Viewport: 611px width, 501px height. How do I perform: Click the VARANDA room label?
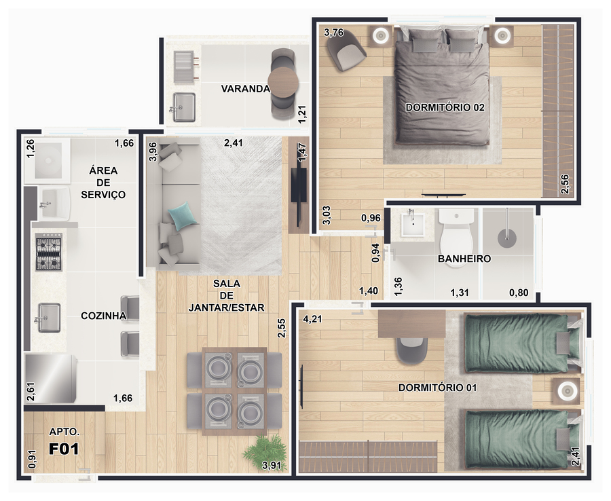[246, 89]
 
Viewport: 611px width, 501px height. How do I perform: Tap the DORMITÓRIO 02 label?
[445, 107]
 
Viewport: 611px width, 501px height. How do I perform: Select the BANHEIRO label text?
[464, 259]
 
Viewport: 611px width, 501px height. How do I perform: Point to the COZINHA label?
[103, 316]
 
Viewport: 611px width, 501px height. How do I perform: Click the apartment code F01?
[64, 449]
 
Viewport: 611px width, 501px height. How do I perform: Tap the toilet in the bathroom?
[456, 238]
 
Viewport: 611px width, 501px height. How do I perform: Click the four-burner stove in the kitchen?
[49, 253]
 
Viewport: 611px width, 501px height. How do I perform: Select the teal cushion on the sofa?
[182, 216]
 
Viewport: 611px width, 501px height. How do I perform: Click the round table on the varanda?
[283, 83]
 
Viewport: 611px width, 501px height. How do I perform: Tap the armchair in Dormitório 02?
[346, 50]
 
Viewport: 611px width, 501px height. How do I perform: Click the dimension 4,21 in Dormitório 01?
[312, 319]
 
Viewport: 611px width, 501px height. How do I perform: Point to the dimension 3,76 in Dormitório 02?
[334, 33]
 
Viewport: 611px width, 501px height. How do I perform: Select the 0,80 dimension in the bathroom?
[519, 293]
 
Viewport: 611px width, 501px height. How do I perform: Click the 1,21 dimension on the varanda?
[302, 115]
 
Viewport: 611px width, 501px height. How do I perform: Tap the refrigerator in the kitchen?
[51, 378]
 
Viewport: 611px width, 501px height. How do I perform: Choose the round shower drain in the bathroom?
[507, 238]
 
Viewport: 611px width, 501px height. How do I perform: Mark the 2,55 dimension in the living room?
[282, 329]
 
